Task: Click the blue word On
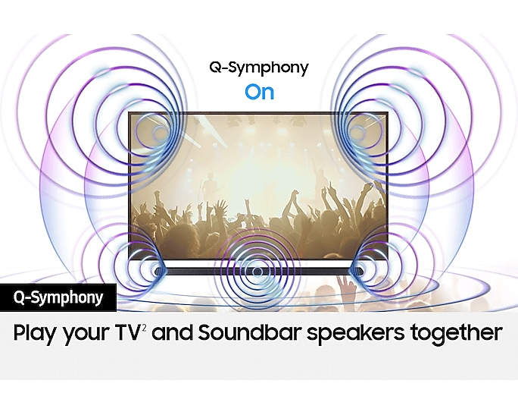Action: click(x=259, y=93)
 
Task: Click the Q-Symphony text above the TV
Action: click(x=259, y=68)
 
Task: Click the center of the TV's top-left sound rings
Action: click(x=161, y=134)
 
